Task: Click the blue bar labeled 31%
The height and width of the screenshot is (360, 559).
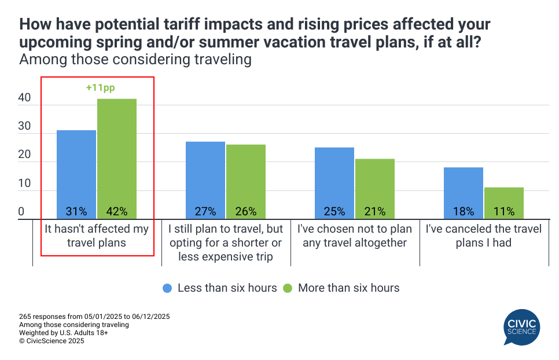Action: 76,174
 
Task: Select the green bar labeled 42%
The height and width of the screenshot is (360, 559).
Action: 117,159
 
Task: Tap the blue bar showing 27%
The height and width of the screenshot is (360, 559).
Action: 205,180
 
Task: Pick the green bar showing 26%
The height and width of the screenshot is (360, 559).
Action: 246,181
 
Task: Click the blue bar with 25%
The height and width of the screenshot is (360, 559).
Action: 334,183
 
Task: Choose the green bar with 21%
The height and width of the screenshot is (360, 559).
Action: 375,189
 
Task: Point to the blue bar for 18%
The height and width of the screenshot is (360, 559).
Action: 464,193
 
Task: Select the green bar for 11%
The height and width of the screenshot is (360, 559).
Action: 504,203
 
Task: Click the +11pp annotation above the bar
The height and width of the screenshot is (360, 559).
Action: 117,88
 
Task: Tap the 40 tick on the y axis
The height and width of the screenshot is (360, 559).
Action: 24,99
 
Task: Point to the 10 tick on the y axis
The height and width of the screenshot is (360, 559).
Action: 24,184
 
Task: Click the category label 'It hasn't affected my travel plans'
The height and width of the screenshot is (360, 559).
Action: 97,236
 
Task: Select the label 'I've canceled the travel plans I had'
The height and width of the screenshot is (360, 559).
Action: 484,236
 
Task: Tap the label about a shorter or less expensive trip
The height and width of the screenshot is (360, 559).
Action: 226,242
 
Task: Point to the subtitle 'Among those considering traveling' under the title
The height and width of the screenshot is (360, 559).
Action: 136,59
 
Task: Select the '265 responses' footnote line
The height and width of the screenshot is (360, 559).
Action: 94,317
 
